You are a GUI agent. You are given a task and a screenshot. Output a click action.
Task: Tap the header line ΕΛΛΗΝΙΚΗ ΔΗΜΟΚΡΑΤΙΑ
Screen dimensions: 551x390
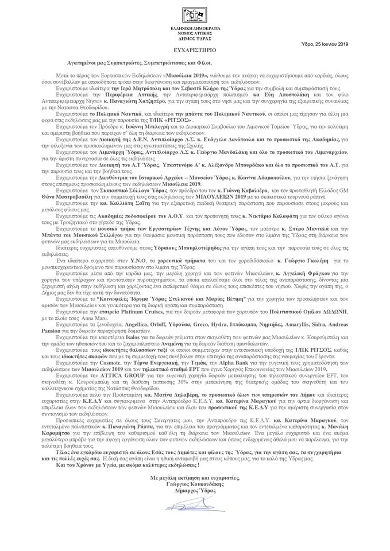pyautogui.click(x=195, y=28)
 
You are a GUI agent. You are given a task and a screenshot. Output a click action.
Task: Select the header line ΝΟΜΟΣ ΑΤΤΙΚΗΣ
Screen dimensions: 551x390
pyautogui.click(x=195, y=32)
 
